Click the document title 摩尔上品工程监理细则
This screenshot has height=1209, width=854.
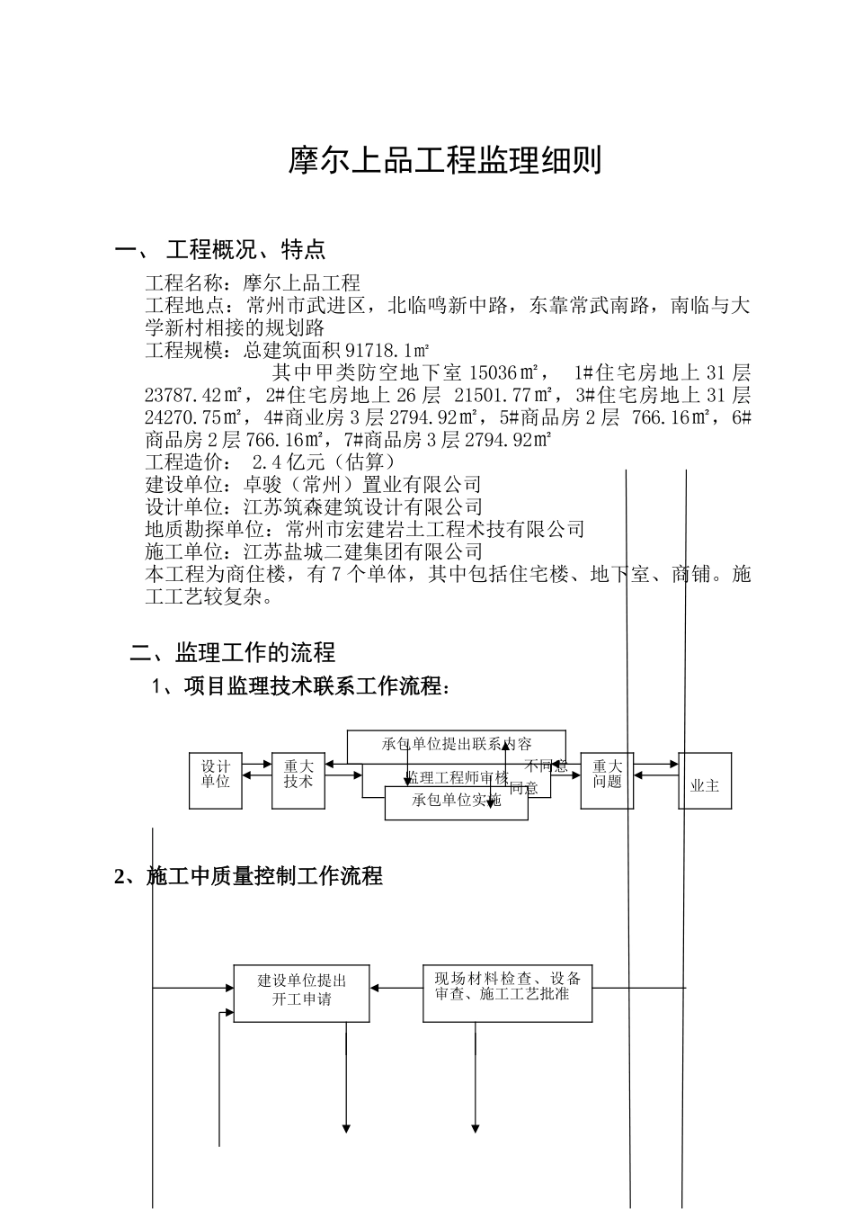pyautogui.click(x=444, y=161)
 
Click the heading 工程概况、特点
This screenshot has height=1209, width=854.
pyautogui.click(x=245, y=249)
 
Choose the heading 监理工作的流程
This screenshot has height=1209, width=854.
pyautogui.click(x=255, y=652)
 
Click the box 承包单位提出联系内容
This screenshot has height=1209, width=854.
pyautogui.click(x=457, y=743)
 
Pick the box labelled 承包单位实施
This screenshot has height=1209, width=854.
pyautogui.click(x=456, y=802)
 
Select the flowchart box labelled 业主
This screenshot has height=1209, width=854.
pyautogui.click(x=705, y=785)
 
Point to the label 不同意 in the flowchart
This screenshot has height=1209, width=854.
pyautogui.click(x=547, y=766)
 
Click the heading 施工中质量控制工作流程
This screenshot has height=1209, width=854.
pyautogui.click(x=264, y=876)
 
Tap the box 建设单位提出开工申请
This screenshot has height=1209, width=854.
pyautogui.click(x=301, y=990)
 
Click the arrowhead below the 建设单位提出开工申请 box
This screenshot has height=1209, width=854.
pyautogui.click(x=346, y=1128)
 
